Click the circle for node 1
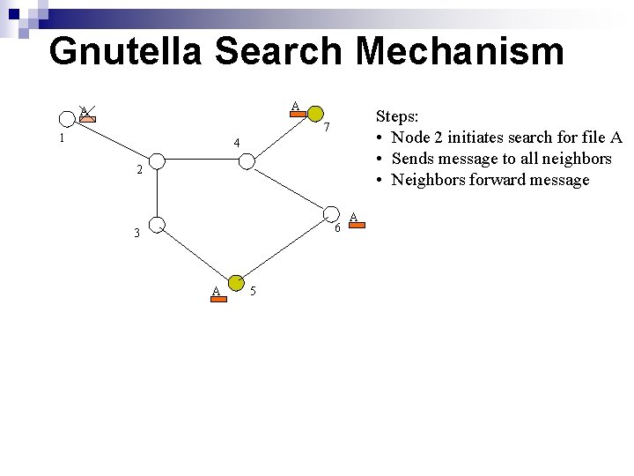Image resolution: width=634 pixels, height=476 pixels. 66,118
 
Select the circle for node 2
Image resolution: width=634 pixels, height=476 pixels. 156,161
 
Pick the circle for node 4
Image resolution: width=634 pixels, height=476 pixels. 247,161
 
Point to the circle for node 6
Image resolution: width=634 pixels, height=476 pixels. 330,215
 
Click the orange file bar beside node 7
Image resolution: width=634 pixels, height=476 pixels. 298,113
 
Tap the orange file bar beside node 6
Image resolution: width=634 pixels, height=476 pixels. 354,226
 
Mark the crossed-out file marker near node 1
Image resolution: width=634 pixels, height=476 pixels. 85,113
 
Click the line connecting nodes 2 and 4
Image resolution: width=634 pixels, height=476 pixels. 201,161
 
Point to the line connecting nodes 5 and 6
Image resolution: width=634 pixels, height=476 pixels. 284,249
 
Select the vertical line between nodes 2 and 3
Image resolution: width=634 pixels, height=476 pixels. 156,194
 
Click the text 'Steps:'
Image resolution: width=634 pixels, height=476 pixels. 397,116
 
